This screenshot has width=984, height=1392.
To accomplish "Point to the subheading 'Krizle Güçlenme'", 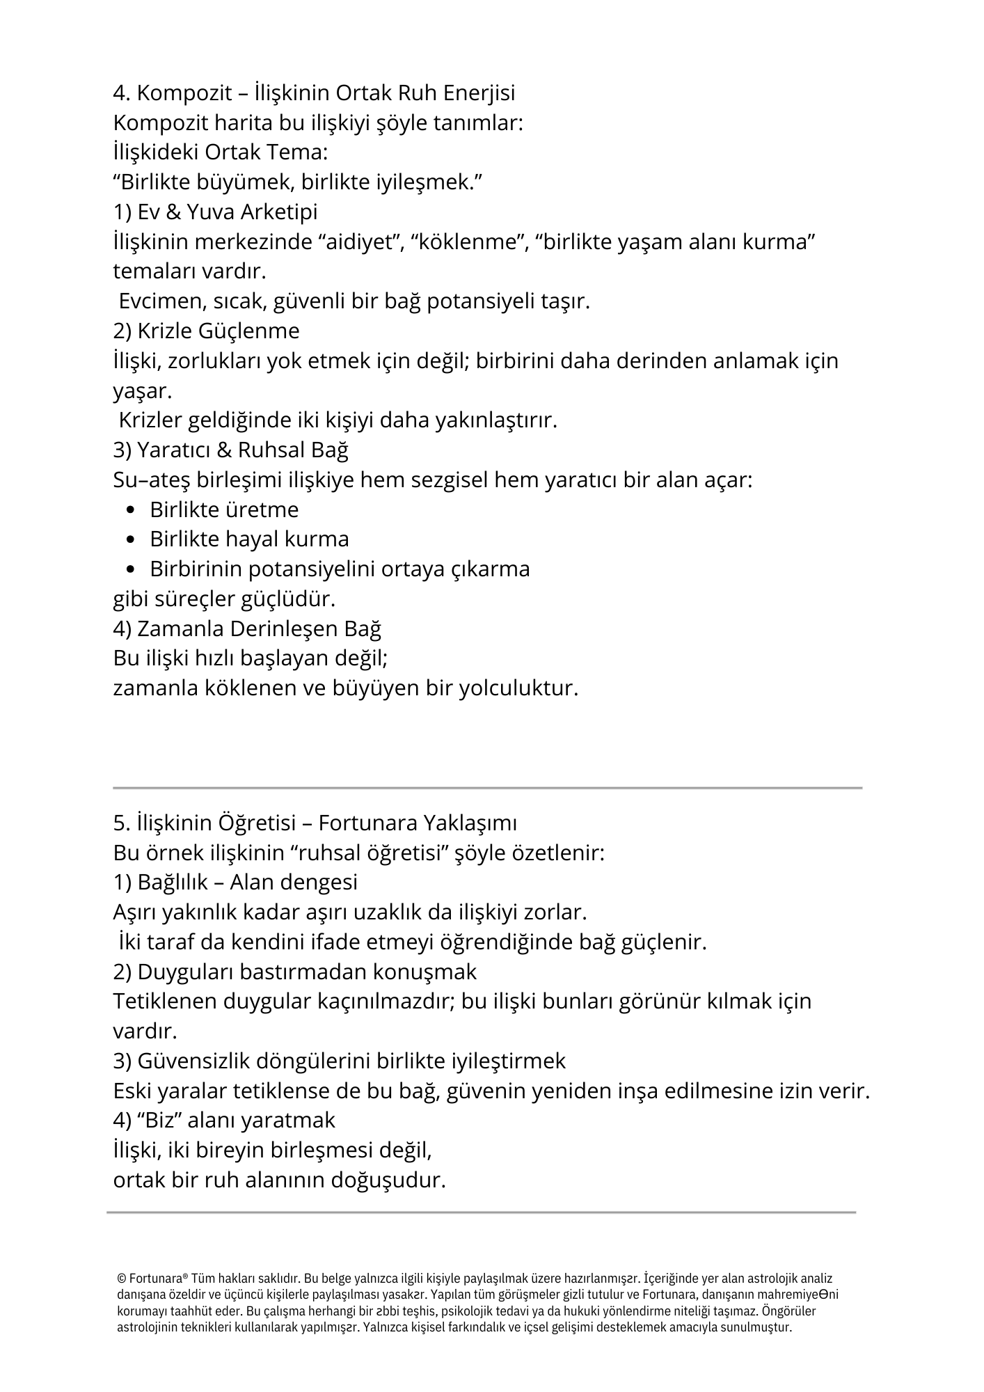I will tap(206, 331).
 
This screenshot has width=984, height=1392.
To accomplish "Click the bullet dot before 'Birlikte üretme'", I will tap(132, 511).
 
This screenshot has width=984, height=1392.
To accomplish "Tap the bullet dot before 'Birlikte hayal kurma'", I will tap(132, 540).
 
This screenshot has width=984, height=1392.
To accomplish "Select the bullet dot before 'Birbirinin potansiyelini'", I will tap(132, 570).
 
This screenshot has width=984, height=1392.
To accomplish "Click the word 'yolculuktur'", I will tap(518, 689).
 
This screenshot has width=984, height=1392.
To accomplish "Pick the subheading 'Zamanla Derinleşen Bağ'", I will tap(247, 629).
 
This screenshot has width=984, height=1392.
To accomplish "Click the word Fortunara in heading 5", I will tap(364, 823).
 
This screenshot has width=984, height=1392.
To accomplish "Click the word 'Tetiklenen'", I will tap(165, 1002).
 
